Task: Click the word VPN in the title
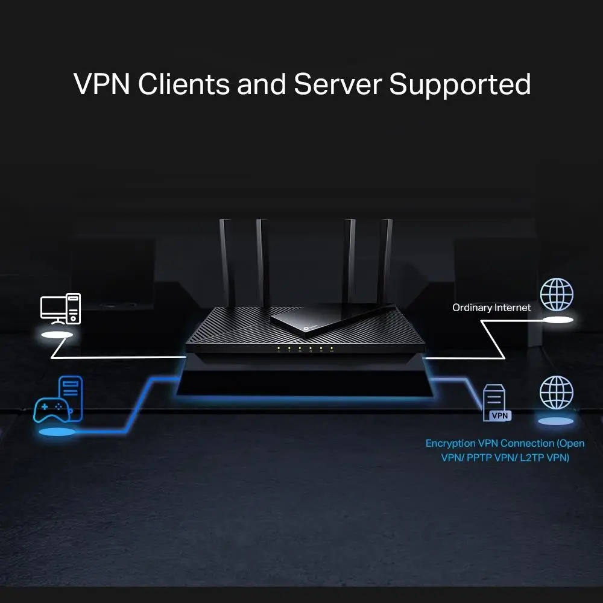click(101, 84)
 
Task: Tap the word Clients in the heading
click(184, 84)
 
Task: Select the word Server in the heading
click(338, 84)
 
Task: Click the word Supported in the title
click(459, 84)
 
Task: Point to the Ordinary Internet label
click(491, 308)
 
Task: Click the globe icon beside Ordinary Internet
click(557, 295)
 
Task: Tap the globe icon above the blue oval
click(556, 393)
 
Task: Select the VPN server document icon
click(496, 402)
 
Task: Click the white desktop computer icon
click(60, 309)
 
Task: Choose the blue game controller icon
click(52, 410)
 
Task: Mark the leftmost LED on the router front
click(279, 349)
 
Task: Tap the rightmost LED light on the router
click(332, 349)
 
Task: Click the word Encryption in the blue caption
click(450, 444)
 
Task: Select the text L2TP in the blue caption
click(531, 458)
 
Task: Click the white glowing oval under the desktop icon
click(57, 335)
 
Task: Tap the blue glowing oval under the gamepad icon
click(57, 432)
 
